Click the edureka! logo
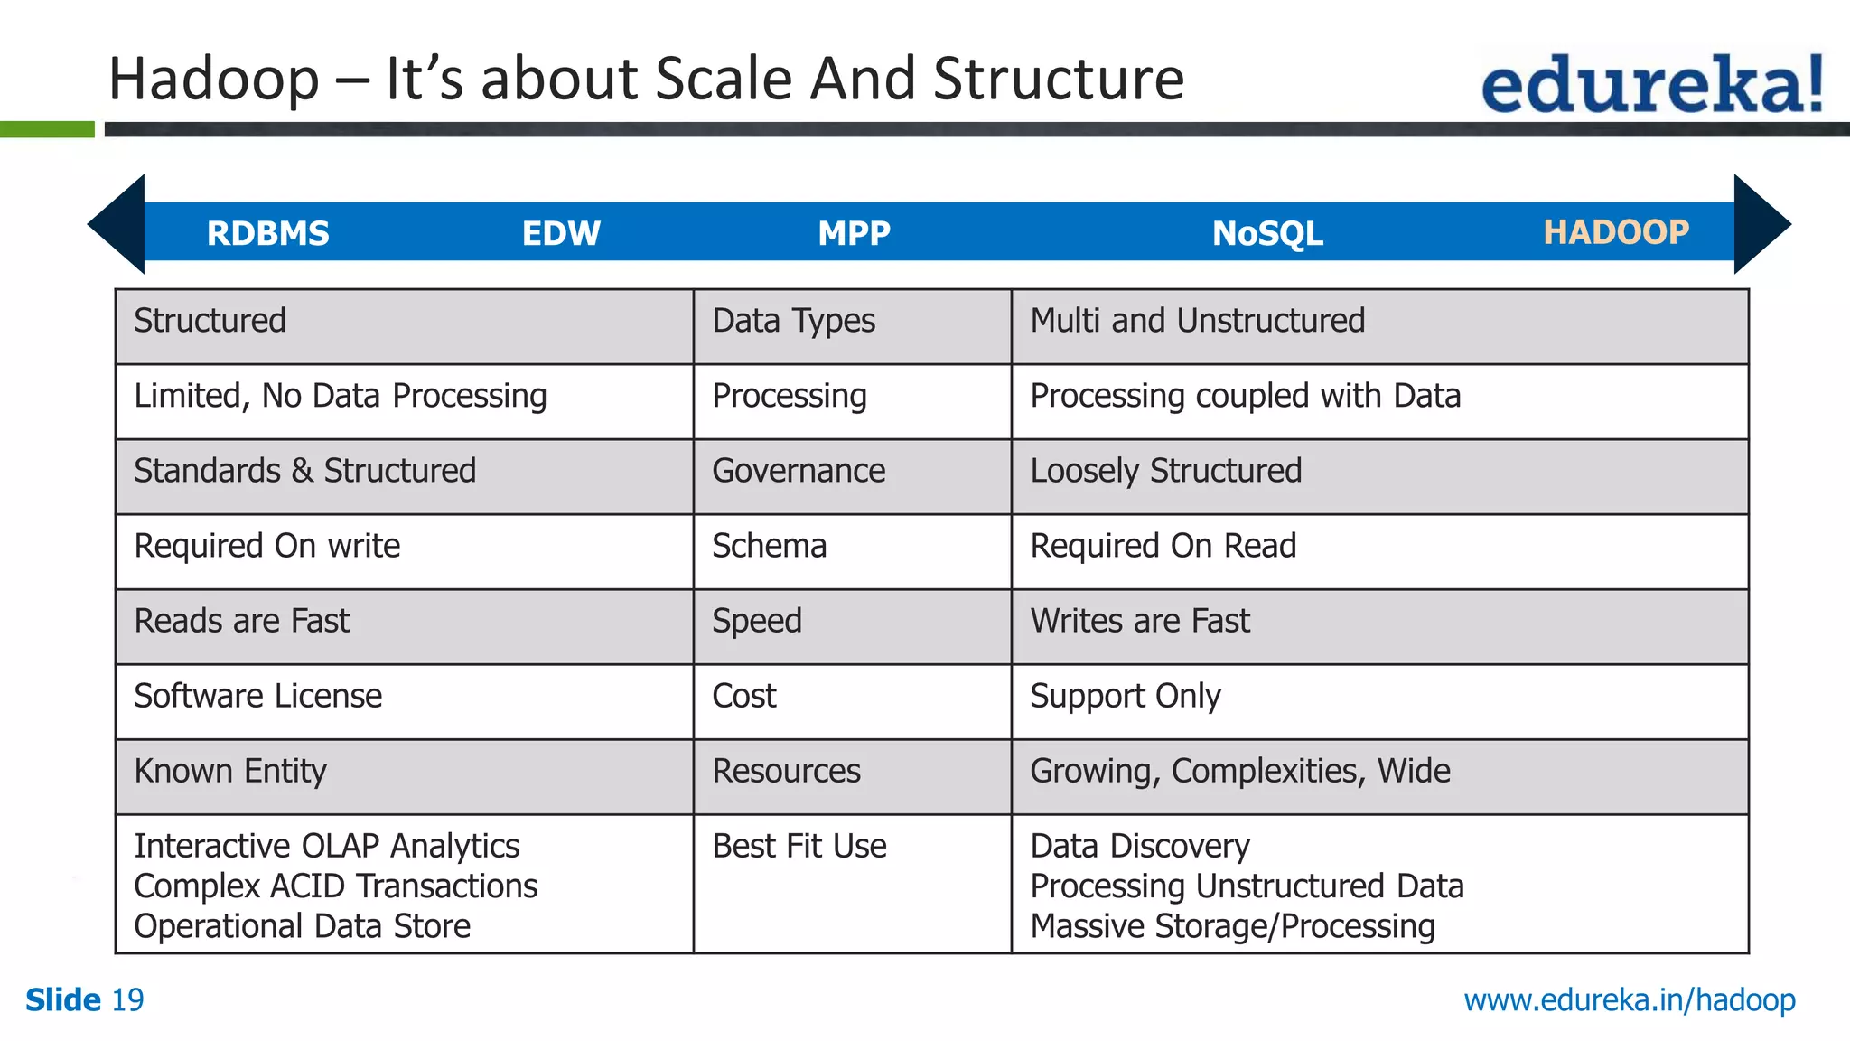(x=1651, y=84)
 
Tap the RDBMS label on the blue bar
(x=268, y=233)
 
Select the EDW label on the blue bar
(x=561, y=233)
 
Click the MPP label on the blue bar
(x=854, y=233)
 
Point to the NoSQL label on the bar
(x=1267, y=233)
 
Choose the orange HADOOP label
(x=1616, y=232)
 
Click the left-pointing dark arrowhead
(x=117, y=224)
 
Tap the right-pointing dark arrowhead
(x=1761, y=224)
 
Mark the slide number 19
(x=127, y=1000)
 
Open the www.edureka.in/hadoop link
(x=1630, y=1000)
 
